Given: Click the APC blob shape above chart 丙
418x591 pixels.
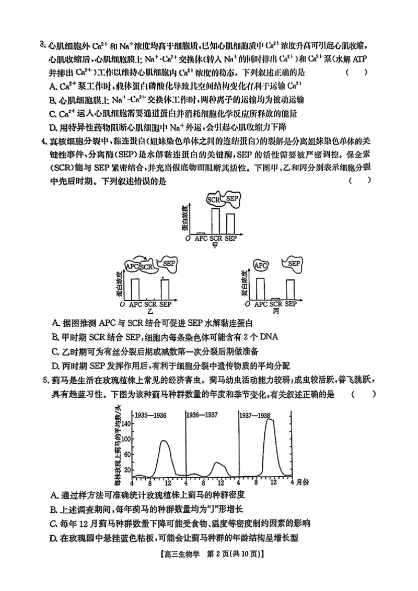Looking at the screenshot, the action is click(x=261, y=266).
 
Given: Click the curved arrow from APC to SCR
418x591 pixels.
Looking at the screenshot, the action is click(x=141, y=258).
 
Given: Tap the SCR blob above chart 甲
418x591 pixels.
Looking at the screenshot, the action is click(x=214, y=199).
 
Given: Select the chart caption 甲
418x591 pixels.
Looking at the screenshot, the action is click(x=215, y=245).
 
